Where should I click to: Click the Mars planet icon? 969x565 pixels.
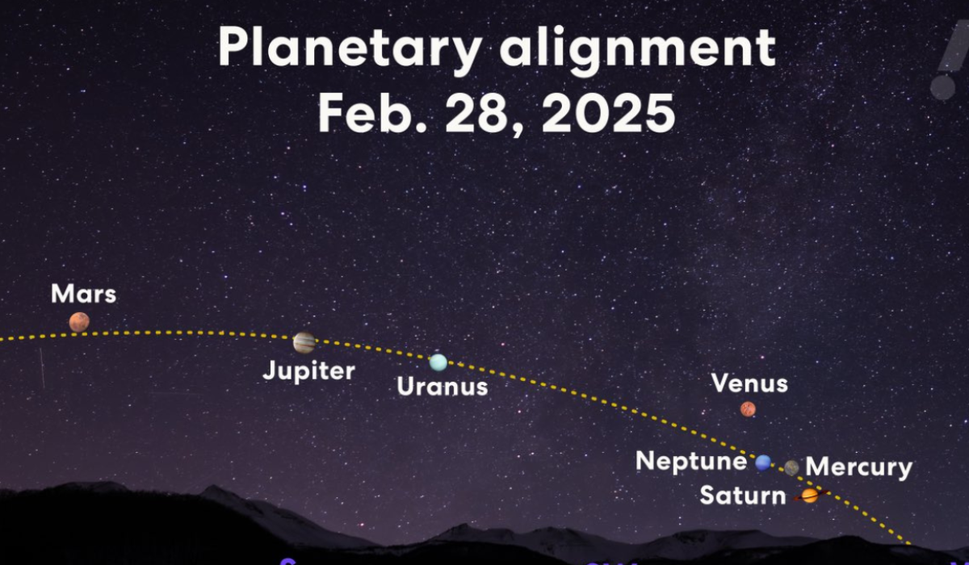[x=79, y=322]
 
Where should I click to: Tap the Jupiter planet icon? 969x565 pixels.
[x=304, y=342]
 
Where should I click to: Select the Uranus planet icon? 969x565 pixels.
[x=438, y=362]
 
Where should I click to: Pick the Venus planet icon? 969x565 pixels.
[x=748, y=409]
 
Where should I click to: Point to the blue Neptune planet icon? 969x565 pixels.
[x=763, y=462]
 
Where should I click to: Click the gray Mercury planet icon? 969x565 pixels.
[x=791, y=467]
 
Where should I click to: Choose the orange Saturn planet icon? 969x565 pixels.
[x=809, y=496]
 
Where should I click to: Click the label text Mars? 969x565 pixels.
[x=83, y=294]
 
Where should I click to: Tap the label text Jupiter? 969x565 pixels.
[x=309, y=371]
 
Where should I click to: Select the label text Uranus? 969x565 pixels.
[x=443, y=387]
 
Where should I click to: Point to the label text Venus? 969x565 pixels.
[x=749, y=383]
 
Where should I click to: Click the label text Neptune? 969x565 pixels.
[x=691, y=461]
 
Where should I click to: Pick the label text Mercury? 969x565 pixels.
[x=859, y=467]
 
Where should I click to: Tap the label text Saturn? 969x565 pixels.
[x=743, y=495]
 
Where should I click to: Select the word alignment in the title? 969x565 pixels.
[x=637, y=50]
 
